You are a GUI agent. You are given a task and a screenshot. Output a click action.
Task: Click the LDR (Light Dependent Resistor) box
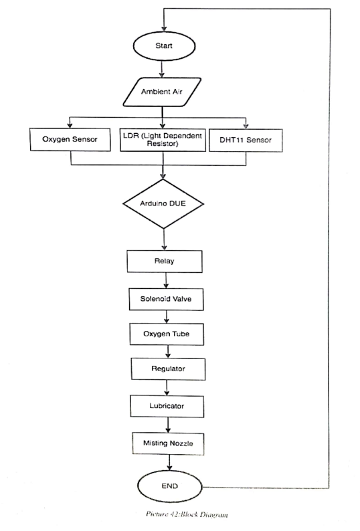162,139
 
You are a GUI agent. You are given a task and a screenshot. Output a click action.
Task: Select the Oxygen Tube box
166,334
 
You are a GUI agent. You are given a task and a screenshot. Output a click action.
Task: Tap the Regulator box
167,368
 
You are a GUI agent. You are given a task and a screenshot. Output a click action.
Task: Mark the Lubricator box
167,405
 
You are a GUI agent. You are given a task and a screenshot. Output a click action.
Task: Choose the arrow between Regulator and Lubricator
167,387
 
